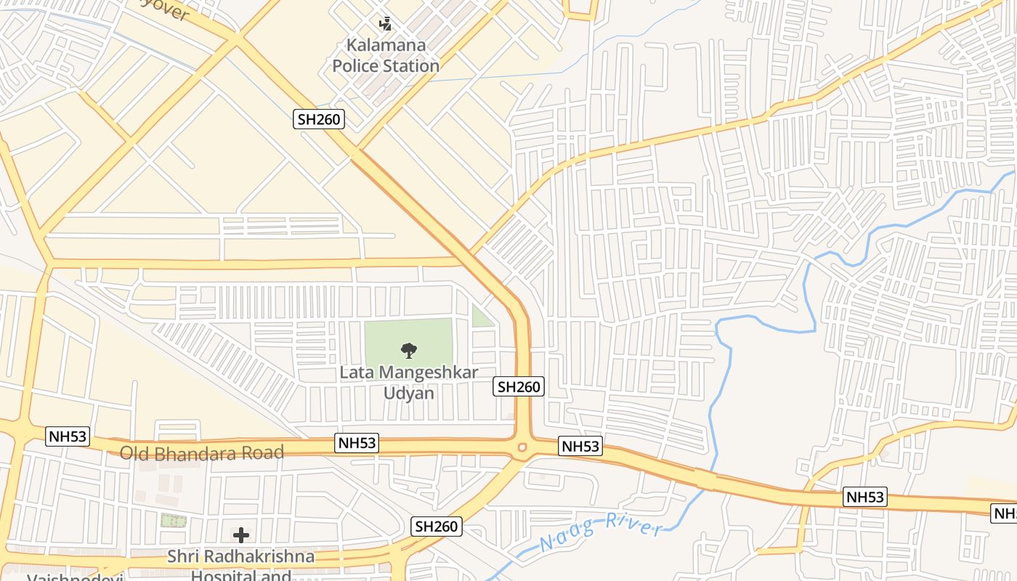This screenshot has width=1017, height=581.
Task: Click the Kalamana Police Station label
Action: click(386, 55)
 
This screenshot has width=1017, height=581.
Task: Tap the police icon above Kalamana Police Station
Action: click(386, 24)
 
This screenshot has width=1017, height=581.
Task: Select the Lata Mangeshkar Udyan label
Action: click(409, 383)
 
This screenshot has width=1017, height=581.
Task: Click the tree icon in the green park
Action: click(409, 351)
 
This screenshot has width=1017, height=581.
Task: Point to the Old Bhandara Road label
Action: click(201, 453)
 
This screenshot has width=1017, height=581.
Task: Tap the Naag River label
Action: click(602, 532)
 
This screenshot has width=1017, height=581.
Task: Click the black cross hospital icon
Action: click(241, 536)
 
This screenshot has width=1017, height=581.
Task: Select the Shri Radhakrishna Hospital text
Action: click(241, 557)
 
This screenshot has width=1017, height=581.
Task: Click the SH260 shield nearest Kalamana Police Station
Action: click(319, 119)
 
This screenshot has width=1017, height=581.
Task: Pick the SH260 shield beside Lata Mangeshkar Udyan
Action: click(519, 386)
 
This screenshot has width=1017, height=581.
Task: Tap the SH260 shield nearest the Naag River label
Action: click(437, 527)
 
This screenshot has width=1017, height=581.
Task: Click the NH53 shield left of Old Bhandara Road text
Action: click(68, 436)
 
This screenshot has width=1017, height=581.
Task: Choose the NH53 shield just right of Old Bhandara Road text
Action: click(357, 442)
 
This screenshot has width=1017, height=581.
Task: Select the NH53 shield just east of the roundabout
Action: click(581, 446)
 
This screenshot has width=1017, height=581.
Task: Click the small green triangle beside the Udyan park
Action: click(480, 317)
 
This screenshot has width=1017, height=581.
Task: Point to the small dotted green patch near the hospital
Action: click(173, 520)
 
